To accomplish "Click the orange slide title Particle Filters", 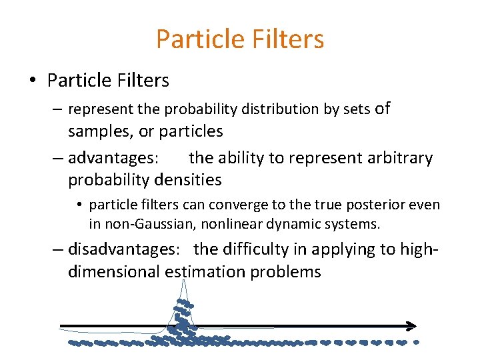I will (x=240, y=39).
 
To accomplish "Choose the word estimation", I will (x=205, y=272).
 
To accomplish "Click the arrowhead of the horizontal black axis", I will (x=411, y=326).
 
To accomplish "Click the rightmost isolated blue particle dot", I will (x=417, y=343).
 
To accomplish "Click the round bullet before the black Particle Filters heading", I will (x=32, y=81).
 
